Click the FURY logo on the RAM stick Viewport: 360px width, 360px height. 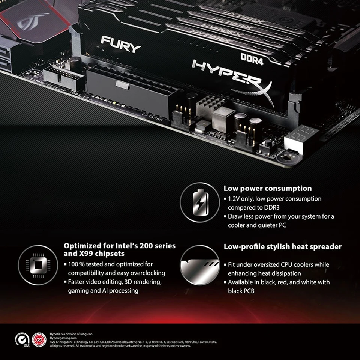pos(120,44)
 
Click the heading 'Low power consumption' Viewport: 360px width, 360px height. pos(267,189)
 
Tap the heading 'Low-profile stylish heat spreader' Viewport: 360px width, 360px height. pos(282,247)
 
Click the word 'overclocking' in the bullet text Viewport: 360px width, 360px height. pos(145,273)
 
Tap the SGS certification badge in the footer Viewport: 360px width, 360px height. pos(22,339)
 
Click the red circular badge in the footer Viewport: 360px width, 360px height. pos(39,339)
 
